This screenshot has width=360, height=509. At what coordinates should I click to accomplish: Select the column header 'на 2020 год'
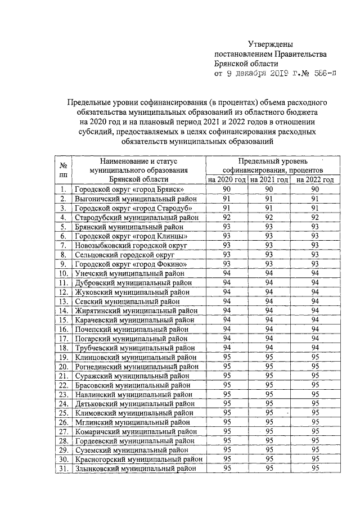(227, 179)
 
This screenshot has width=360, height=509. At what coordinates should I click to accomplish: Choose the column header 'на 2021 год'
(269, 179)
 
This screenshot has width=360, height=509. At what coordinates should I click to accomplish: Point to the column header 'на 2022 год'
(315, 179)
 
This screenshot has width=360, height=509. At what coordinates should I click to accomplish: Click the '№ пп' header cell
(64, 169)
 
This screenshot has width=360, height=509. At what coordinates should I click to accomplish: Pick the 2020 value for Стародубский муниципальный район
(227, 217)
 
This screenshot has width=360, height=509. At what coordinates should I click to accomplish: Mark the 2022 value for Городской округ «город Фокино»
(315, 264)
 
